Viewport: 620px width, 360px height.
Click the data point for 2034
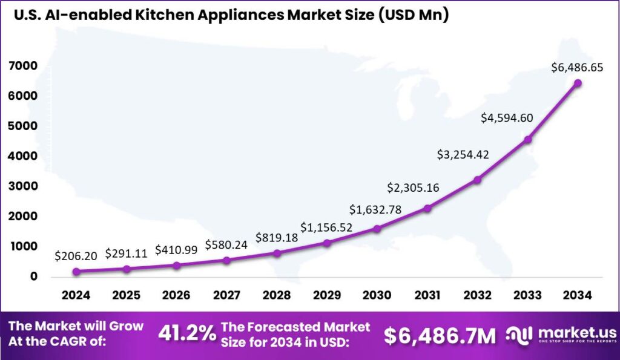pos(578,83)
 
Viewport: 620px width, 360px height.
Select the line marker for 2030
pos(377,229)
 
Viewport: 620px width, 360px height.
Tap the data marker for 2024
pos(76,272)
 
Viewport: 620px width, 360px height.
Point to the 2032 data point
pos(477,180)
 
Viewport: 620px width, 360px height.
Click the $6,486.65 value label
pos(577,68)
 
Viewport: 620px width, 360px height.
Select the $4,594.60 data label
pos(507,117)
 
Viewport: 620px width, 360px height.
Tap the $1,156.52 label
pos(327,228)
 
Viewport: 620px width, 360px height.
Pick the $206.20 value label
pos(76,256)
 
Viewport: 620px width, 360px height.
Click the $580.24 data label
pos(226,244)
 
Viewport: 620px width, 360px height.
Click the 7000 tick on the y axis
pos(24,66)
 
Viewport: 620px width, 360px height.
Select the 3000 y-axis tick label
pos(24,186)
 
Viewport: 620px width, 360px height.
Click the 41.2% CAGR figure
pos(186,333)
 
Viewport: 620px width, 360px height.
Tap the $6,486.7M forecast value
pos(440,334)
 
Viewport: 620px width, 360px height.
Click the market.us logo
pos(560,334)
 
